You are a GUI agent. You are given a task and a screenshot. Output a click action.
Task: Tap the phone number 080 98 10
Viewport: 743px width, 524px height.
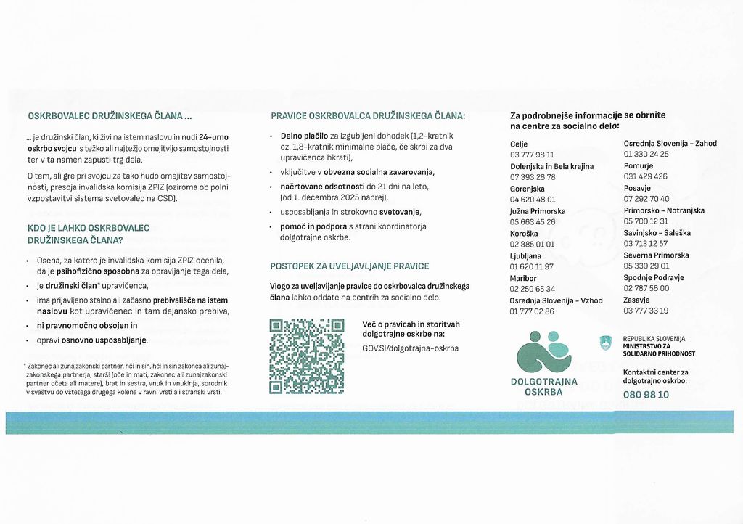click(x=646, y=395)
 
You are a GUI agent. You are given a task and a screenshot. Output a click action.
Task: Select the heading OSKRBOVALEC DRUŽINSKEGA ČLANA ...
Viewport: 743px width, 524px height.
click(x=109, y=115)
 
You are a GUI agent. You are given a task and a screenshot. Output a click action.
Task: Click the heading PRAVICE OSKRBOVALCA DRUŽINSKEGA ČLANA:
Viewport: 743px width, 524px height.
click(x=368, y=115)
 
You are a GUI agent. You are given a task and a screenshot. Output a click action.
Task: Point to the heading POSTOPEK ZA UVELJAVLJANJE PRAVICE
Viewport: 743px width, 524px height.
click(x=349, y=266)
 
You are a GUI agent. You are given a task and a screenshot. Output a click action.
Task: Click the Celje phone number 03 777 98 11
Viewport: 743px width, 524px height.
click(x=532, y=155)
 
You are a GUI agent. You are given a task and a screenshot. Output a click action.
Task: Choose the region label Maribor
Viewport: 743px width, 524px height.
click(x=523, y=277)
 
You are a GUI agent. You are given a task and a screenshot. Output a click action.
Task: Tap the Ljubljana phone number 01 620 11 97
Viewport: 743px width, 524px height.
click(x=532, y=266)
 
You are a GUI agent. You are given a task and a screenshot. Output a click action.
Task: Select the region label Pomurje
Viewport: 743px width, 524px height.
click(x=639, y=165)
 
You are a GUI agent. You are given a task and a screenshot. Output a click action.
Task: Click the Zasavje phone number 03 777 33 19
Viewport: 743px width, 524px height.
click(x=646, y=311)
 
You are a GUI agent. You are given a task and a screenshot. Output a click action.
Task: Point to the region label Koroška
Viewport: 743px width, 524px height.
click(x=523, y=233)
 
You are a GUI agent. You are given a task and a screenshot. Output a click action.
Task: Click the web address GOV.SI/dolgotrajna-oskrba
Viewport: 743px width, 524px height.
click(x=410, y=348)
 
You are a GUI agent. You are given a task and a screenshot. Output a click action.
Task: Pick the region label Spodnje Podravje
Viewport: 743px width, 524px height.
click(x=654, y=277)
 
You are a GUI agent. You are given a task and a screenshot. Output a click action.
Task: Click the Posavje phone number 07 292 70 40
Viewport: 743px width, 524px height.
click(x=646, y=199)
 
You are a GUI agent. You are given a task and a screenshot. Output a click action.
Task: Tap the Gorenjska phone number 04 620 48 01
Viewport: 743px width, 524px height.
click(x=533, y=200)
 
